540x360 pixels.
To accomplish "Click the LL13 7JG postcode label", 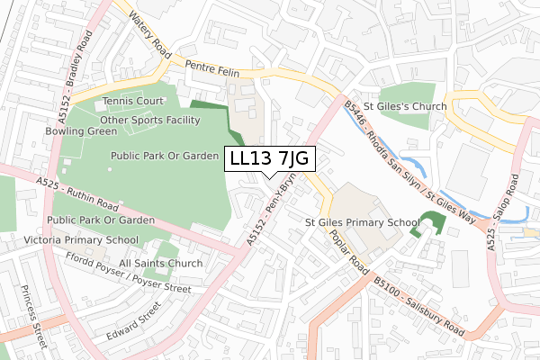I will (269, 158).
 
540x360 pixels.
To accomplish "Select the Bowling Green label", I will (82, 131).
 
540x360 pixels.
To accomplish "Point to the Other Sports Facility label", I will (150, 120).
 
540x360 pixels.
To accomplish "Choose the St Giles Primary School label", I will (363, 222).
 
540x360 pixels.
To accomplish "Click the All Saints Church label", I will (160, 264).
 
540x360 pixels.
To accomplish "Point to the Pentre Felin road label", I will (212, 67).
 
